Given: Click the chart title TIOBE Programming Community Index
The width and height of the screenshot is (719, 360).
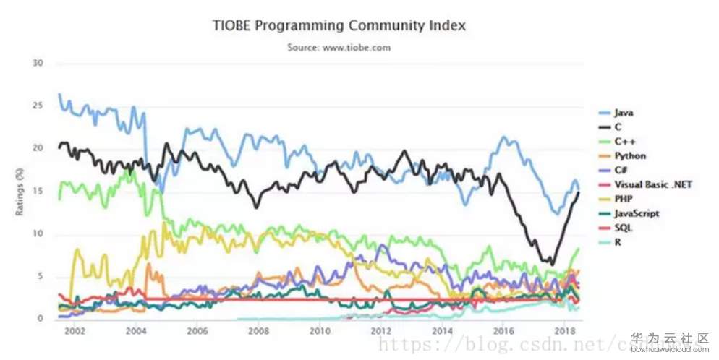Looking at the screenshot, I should [339, 25].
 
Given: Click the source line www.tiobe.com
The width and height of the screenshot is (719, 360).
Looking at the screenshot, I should [340, 48].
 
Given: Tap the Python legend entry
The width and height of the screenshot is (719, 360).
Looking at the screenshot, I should [630, 155].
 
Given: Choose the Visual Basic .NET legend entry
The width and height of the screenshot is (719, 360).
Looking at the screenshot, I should [653, 184].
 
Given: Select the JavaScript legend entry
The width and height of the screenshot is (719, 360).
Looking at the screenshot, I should [637, 213].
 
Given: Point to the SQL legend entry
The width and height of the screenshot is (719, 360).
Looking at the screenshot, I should [623, 228].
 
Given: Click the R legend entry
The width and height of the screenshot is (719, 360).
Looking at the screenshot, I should [618, 242].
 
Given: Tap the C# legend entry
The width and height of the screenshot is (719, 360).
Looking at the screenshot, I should [621, 170].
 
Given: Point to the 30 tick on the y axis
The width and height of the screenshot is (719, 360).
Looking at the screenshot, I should [38, 63].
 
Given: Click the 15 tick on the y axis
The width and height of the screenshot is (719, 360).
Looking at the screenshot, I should [38, 191].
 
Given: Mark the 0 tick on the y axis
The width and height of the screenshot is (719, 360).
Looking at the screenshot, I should [41, 319].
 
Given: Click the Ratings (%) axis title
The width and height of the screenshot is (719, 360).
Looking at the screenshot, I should [21, 192].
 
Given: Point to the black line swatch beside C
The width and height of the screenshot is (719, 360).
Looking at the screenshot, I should [604, 127].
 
